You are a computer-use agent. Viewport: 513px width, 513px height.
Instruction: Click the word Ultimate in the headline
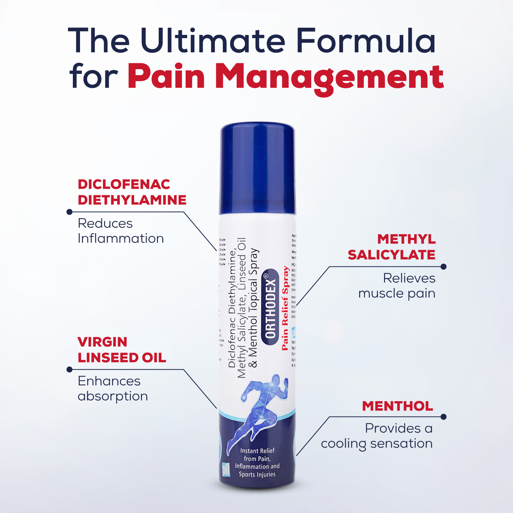coord(212,41)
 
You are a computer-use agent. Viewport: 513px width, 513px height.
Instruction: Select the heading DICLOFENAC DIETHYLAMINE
coord(132,192)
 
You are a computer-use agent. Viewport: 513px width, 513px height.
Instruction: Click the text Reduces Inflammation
coord(120,231)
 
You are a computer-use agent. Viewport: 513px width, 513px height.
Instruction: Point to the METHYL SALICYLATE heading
coord(392,247)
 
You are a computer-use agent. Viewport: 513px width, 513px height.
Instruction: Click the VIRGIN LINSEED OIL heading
coord(121,350)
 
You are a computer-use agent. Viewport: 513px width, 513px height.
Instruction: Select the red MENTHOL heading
coord(397,406)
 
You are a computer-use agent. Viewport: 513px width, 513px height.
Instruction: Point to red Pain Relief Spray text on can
coord(285,308)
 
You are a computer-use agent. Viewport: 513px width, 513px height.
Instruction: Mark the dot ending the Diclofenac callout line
coord(69,212)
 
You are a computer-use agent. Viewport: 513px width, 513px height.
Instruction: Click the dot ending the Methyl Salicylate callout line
coord(444,266)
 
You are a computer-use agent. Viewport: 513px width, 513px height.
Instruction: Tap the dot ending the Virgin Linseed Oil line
coord(69,369)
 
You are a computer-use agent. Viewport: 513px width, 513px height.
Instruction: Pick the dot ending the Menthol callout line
coord(444,417)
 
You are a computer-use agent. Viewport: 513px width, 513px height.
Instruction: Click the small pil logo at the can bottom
coord(225,469)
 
